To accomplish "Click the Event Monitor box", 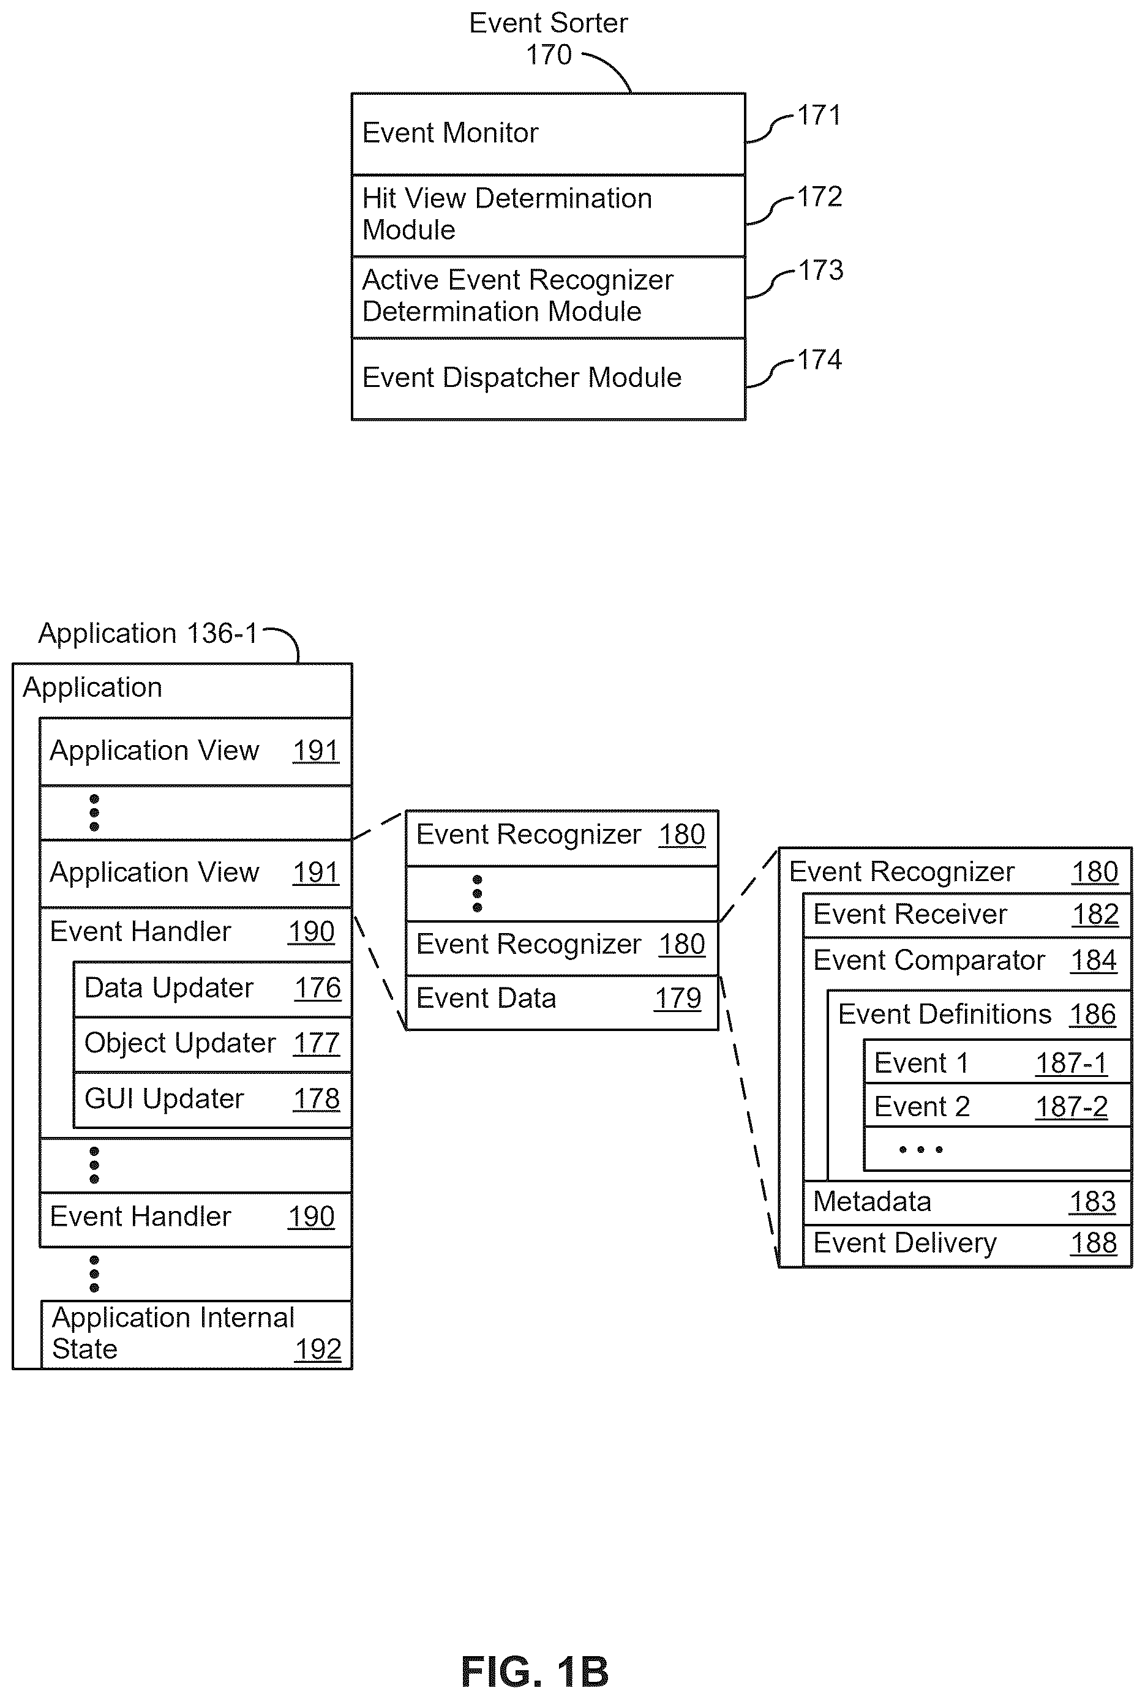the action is pos(549,133).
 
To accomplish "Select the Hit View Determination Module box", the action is pos(549,216).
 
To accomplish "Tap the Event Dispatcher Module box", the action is pos(549,379).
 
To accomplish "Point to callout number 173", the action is pos(820,270).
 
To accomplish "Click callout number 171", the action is pos(819,115).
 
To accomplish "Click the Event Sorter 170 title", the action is pos(549,39).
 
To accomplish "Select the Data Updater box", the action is pos(212,989).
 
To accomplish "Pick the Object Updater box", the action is pos(212,1045).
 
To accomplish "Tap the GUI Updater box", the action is pos(212,1100).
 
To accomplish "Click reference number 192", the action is pos(318,1349).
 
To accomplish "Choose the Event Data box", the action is pos(562,1002).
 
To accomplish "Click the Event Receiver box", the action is pos(967,915).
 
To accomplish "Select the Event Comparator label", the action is pos(929,961).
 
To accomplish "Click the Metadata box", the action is pos(967,1202).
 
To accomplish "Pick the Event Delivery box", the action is pos(967,1245).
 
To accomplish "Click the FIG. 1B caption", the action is pos(535,1672).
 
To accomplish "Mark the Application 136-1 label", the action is pos(148,634).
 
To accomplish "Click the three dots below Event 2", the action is pos(921,1150).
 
